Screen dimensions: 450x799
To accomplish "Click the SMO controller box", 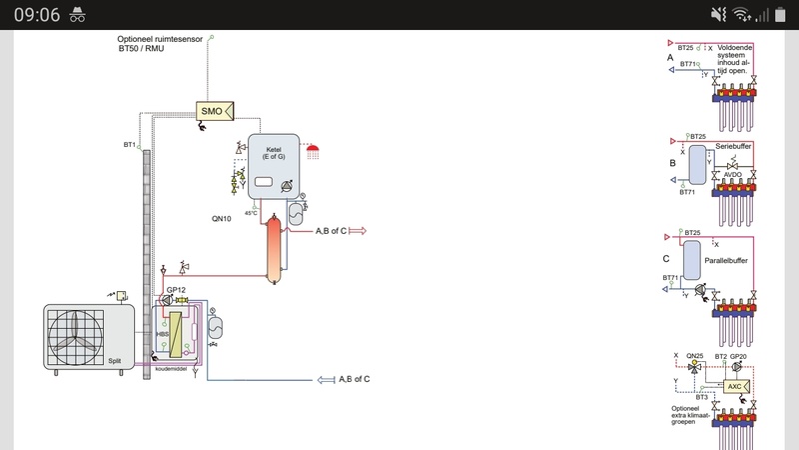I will click(x=212, y=111).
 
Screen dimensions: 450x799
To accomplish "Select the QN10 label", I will click(x=222, y=218).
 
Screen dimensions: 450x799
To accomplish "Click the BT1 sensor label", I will click(x=129, y=145).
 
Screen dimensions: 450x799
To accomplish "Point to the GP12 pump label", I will click(x=177, y=289).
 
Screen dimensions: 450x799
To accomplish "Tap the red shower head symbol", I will click(x=315, y=150).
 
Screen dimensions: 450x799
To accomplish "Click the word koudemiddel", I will click(x=172, y=369).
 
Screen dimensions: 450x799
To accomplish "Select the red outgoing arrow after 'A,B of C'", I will click(x=358, y=231).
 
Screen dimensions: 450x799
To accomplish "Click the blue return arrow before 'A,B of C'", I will click(x=325, y=379).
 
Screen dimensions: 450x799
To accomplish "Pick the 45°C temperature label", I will click(x=252, y=212).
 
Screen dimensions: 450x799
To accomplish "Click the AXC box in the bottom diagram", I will click(x=734, y=385).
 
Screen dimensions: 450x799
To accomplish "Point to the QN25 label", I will click(x=695, y=356).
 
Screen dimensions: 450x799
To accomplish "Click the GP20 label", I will click(x=739, y=356).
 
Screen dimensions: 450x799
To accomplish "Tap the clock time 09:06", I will click(x=37, y=14).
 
